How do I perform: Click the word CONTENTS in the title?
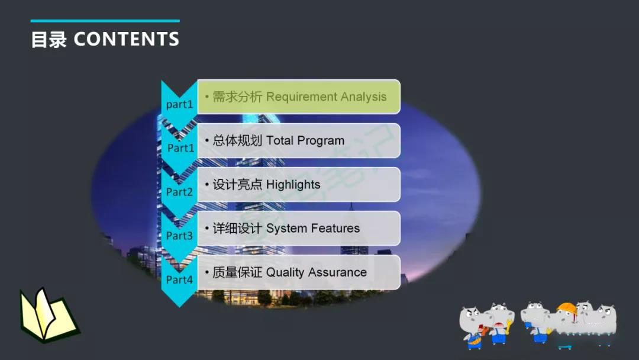click(x=126, y=39)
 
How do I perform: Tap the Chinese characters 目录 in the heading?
click(x=49, y=40)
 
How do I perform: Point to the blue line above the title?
click(x=105, y=21)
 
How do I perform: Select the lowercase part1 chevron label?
click(x=179, y=104)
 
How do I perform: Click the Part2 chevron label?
click(x=179, y=192)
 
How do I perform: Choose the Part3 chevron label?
click(x=179, y=236)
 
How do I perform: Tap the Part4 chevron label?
click(x=179, y=279)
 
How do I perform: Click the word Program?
click(x=321, y=142)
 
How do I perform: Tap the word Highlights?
click(x=293, y=185)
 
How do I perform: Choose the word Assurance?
click(x=337, y=272)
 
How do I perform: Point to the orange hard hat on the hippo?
click(x=566, y=309)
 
